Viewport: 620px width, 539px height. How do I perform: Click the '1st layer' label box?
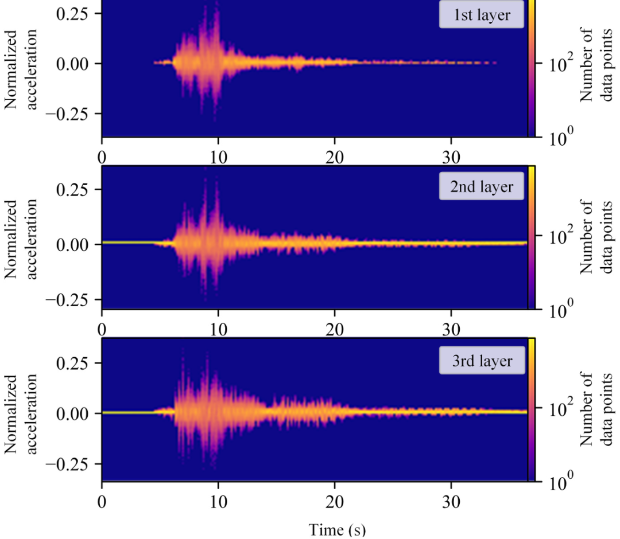[x=482, y=15]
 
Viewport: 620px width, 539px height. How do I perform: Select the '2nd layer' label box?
[x=482, y=188]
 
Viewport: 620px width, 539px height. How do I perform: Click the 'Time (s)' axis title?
[x=338, y=529]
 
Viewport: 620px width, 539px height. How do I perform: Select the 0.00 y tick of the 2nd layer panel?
[x=72, y=244]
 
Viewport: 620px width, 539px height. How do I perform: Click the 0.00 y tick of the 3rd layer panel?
[x=72, y=413]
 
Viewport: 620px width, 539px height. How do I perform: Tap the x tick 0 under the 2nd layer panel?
[x=102, y=329]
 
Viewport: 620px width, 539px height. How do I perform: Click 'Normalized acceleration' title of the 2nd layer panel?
[x=22, y=239]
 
